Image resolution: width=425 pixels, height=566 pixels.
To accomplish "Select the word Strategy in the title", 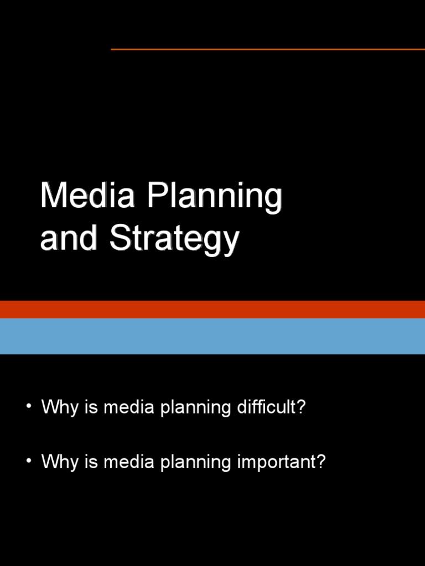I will tap(174, 240).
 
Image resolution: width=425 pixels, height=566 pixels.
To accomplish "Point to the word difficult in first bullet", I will tap(271, 408).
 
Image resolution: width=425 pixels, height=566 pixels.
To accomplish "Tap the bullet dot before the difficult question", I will tap(29, 407).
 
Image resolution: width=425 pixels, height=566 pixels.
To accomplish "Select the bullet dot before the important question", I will tap(29, 460).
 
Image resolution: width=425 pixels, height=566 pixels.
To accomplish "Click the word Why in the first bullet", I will tap(59, 408).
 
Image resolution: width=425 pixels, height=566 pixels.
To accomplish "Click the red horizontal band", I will tap(212, 310).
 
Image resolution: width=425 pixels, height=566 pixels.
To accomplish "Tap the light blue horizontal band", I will tap(212, 336).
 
